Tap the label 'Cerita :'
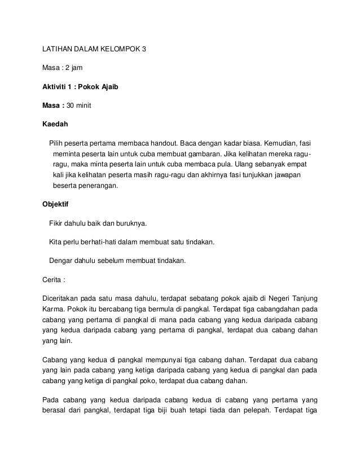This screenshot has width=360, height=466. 56,278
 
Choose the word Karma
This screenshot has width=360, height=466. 54,309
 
